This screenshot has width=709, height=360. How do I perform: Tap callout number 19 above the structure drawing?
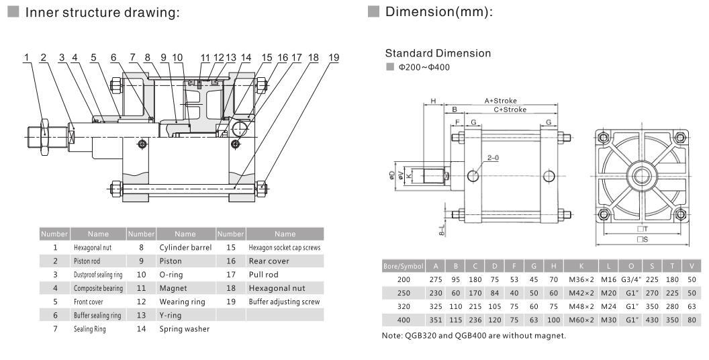(x=334, y=58)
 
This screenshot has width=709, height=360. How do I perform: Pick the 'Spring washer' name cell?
(x=184, y=329)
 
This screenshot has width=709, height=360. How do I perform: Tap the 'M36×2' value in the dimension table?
(x=578, y=278)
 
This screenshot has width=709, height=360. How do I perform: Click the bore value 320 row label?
(x=403, y=305)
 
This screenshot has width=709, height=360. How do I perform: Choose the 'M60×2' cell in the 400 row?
(x=578, y=318)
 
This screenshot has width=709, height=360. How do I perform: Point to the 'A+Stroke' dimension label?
(x=502, y=101)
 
